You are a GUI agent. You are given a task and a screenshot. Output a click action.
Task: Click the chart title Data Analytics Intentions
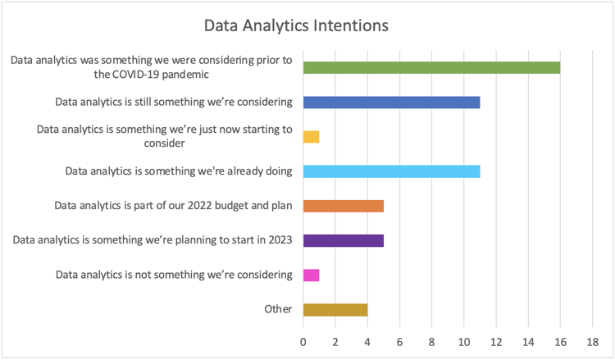tap(296, 26)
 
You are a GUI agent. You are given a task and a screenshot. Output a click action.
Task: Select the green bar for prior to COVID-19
tap(431, 68)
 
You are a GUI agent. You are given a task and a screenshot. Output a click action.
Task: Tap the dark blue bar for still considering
tap(391, 103)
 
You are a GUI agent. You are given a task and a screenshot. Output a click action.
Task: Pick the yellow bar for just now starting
tap(311, 137)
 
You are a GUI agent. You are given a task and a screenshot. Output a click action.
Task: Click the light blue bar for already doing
tap(391, 171)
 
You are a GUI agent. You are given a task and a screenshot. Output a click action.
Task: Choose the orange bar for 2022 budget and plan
tap(344, 206)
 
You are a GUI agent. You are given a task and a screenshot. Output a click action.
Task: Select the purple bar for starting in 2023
tap(344, 240)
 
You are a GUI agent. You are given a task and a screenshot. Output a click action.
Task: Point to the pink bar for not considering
tap(311, 275)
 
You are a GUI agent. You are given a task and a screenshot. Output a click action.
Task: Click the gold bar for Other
tap(335, 309)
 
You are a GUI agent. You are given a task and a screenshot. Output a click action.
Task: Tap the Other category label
tap(278, 309)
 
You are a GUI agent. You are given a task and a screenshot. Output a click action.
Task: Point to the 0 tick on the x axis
tap(303, 342)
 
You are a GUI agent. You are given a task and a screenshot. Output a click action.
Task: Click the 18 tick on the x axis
tap(592, 342)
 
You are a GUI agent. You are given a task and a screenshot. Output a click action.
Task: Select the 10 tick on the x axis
tap(463, 342)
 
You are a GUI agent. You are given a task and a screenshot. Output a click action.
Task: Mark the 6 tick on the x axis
tap(399, 342)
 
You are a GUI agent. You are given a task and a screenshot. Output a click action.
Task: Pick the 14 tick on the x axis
tap(528, 342)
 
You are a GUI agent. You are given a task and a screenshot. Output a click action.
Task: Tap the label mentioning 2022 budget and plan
tap(173, 206)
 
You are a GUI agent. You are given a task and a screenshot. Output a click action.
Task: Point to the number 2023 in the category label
tap(280, 239)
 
